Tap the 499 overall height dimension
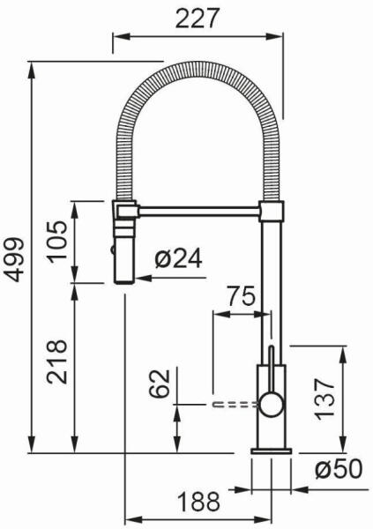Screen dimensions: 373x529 click(16, 260)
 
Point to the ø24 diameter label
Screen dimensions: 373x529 click(179, 258)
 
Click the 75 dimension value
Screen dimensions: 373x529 click(241, 296)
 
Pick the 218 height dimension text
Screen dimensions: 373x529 click(57, 361)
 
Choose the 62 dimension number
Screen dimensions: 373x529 click(159, 384)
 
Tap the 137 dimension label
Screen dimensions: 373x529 click(325, 399)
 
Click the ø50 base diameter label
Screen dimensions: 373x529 click(339, 469)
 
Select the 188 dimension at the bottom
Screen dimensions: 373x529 click(199, 502)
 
